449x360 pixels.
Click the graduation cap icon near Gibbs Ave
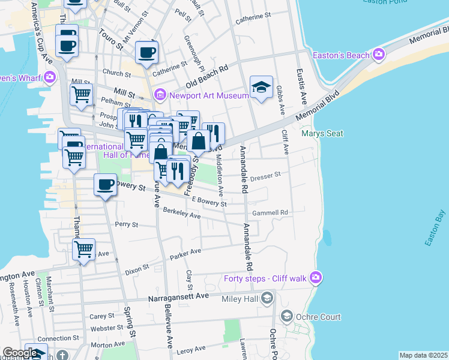point(261,87)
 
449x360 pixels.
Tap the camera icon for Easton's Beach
point(379,55)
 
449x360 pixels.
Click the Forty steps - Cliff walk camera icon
point(316,277)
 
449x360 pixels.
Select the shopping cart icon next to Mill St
point(81,94)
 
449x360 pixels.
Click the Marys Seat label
point(322,133)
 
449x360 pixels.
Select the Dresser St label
point(265,176)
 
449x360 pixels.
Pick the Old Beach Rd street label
point(207,74)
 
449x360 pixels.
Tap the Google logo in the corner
point(20,353)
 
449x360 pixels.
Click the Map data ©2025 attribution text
point(423,355)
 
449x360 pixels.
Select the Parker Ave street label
point(185,256)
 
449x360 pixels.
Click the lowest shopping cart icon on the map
point(83,249)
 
